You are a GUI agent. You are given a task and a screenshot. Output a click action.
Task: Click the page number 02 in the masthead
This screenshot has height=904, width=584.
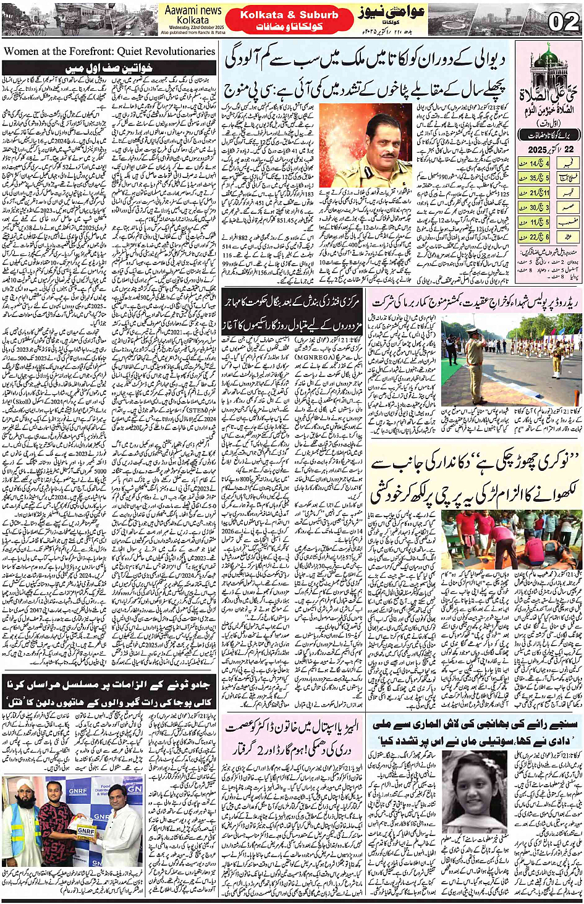point(562,22)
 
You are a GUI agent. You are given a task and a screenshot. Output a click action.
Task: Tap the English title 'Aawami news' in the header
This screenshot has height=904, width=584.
point(193,10)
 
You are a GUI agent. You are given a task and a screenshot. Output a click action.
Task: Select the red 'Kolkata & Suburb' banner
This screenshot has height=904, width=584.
point(289,15)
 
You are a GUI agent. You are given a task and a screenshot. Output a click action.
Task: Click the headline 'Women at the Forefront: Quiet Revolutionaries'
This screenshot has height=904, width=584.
point(109,51)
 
